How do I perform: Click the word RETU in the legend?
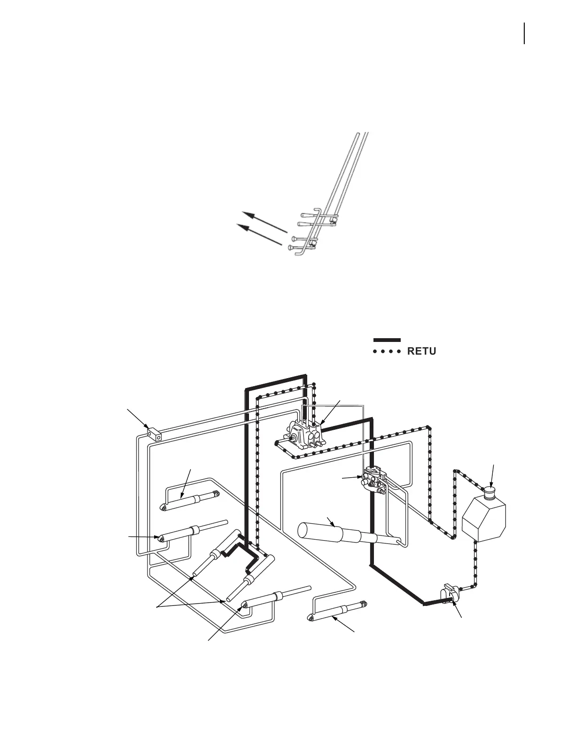(x=422, y=351)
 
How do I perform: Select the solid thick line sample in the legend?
(x=387, y=340)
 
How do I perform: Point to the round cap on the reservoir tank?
(x=490, y=493)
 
